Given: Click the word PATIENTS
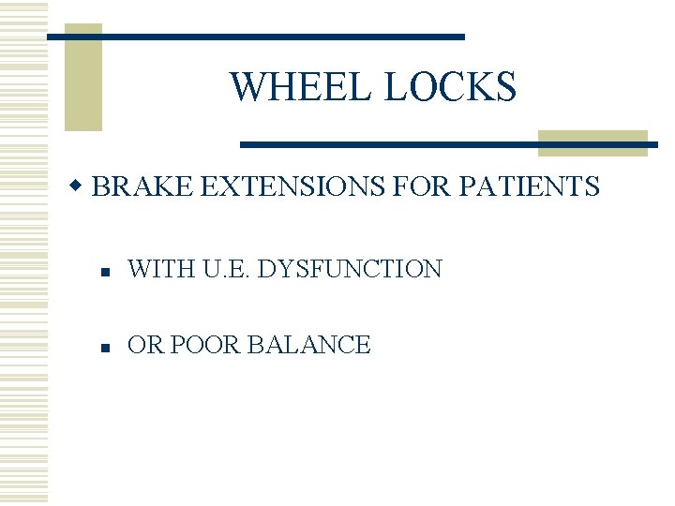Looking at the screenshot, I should point(530,186).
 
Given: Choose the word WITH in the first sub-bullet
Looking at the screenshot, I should point(157,270).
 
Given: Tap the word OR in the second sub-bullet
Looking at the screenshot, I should point(144,345).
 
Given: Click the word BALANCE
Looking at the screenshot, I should point(308,345).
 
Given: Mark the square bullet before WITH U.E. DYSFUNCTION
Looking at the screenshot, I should point(108,272).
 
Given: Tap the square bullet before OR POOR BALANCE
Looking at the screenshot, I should point(108,347).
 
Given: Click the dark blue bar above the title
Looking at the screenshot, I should point(255,37).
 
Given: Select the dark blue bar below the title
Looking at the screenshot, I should point(448,144).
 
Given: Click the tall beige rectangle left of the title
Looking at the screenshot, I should point(82,77).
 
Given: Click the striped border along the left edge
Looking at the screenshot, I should point(23,253).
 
